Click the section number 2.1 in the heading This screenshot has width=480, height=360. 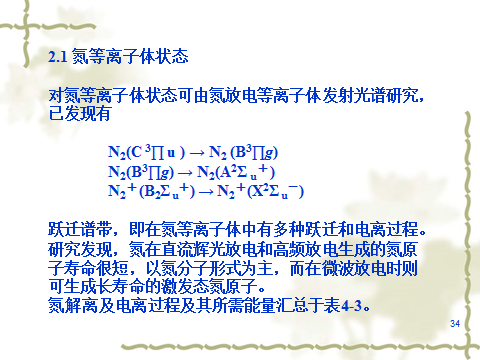click(58, 57)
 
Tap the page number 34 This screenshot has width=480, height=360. click(455, 323)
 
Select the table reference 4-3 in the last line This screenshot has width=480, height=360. click(351, 305)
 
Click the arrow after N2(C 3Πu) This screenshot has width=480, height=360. click(197, 153)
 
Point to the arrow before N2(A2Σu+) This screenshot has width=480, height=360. click(185, 173)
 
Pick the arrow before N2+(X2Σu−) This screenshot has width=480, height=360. click(206, 192)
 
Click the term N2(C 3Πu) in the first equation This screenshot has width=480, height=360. click(146, 152)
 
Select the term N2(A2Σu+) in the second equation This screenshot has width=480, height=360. click(236, 172)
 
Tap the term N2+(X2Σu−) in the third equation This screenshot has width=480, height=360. click(260, 191)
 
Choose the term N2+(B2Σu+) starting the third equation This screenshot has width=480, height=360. click(152, 191)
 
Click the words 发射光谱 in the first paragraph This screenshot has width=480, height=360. click(354, 96)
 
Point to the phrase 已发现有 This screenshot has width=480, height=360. click(80, 113)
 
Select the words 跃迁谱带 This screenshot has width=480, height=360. click(80, 229)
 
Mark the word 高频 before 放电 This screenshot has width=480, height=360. click(289, 249)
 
